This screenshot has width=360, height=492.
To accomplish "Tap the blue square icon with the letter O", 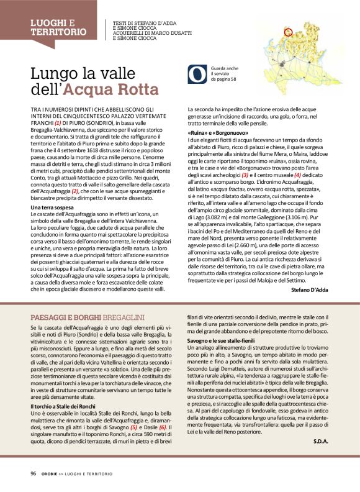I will (x=197, y=75).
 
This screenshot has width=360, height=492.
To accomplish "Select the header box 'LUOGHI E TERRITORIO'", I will (x=59, y=27).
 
